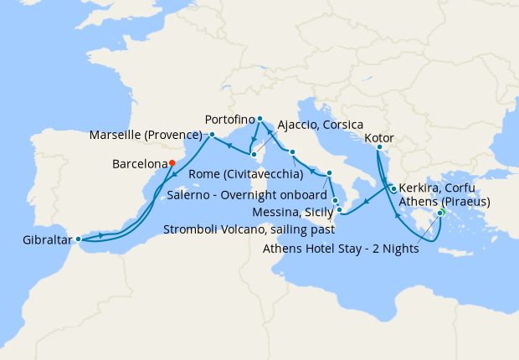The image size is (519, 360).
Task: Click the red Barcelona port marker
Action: click(172, 163)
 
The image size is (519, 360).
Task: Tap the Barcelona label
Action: click(138, 164)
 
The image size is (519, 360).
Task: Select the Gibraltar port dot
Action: click(79, 239)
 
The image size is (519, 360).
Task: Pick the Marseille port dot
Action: click(212, 134)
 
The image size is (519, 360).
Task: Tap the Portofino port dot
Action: click(260, 119)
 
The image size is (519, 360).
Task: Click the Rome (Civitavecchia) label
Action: click(246, 174)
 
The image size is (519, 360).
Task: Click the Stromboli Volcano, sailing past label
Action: click(249, 228)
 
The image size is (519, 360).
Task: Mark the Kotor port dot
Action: click(378, 148)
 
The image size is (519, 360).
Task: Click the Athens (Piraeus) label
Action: click(444, 201)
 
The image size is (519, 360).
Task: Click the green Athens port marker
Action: click(441, 212)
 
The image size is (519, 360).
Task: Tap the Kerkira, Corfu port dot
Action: click(393, 189)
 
